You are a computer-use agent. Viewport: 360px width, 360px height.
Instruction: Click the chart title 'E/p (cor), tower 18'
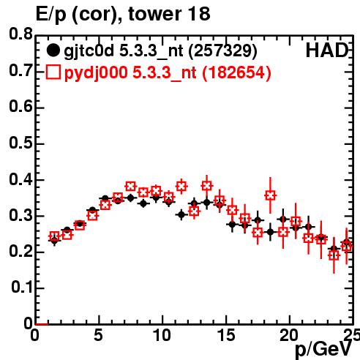click(123, 14)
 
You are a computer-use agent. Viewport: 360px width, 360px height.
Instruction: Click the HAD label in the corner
click(327, 50)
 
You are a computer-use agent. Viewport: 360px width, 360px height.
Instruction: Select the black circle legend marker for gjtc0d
click(53, 50)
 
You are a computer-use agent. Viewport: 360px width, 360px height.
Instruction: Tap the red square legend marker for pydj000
click(53, 72)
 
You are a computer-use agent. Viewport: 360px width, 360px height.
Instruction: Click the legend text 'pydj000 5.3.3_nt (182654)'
click(168, 72)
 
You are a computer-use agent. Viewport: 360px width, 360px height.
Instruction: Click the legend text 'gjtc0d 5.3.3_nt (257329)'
click(160, 51)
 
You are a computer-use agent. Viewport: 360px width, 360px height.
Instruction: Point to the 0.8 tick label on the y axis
click(20, 34)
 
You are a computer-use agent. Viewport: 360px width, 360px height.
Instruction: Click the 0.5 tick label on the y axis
click(20, 143)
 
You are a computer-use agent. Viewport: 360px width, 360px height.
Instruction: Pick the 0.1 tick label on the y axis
click(22, 288)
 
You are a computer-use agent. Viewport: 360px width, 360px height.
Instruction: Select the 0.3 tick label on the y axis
click(20, 215)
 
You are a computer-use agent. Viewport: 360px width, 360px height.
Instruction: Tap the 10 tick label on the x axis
click(162, 335)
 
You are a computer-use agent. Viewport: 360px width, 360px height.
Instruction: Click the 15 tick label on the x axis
click(226, 335)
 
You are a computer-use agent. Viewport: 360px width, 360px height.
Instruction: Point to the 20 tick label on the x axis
click(289, 335)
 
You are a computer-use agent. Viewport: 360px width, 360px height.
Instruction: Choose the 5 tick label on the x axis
click(99, 335)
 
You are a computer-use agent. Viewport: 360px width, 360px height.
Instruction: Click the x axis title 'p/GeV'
click(323, 350)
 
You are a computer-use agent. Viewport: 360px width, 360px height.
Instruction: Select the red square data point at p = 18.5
click(270, 195)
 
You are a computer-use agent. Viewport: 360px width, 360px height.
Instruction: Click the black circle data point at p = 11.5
click(181, 214)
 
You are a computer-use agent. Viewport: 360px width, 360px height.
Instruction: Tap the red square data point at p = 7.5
click(130, 187)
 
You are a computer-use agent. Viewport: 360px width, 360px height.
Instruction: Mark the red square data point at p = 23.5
click(334, 255)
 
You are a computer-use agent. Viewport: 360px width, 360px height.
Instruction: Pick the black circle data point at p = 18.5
click(270, 232)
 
